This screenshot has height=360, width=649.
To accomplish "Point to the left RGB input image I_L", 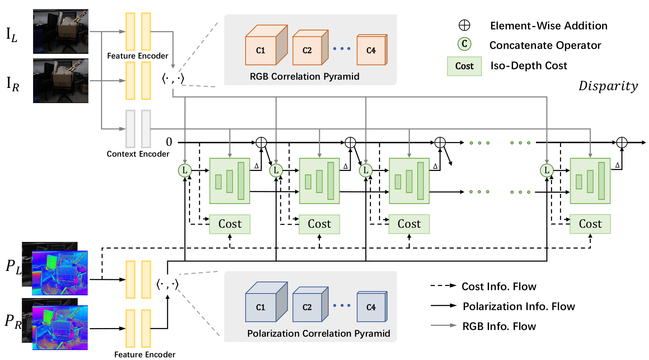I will click(60, 32).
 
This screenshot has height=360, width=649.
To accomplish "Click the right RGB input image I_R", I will click(60, 80).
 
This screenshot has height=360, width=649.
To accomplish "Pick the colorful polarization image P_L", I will click(60, 273).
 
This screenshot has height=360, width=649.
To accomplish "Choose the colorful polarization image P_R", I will click(60, 328).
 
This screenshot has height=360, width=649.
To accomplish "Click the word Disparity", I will click(608, 86).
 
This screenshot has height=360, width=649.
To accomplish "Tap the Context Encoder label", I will click(138, 154).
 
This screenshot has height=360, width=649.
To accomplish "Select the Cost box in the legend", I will click(464, 66).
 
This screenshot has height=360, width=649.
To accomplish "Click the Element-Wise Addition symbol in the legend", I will click(465, 26).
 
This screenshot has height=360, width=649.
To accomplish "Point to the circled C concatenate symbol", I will click(465, 44).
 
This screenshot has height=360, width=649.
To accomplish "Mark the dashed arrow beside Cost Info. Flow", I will click(443, 286).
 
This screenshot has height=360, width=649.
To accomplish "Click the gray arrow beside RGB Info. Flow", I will click(443, 326).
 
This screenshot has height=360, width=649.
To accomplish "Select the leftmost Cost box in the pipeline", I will click(230, 224).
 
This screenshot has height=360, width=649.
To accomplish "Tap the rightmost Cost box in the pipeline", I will click(590, 224).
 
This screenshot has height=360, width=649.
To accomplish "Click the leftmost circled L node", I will click(185, 171).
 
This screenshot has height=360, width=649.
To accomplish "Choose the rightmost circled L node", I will click(547, 171).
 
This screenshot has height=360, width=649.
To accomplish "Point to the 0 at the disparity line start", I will click(169, 142).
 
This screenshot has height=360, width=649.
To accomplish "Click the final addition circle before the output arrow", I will click(622, 142).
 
